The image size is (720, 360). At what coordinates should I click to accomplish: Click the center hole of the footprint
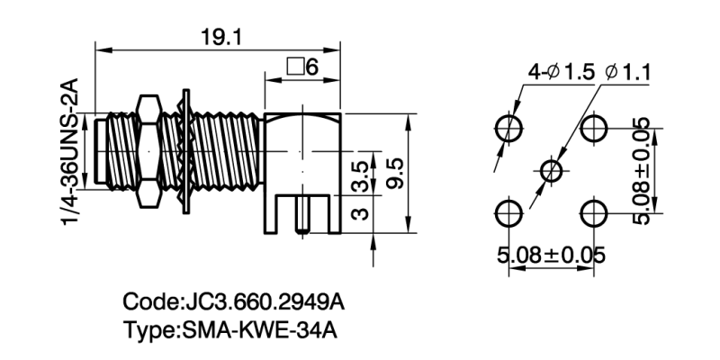[552, 170]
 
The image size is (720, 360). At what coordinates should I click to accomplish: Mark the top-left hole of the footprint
[509, 128]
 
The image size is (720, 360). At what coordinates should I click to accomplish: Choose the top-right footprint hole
[594, 128]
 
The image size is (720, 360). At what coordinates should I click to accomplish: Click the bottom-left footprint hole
[509, 213]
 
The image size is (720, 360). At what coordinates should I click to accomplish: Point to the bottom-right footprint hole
[594, 213]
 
